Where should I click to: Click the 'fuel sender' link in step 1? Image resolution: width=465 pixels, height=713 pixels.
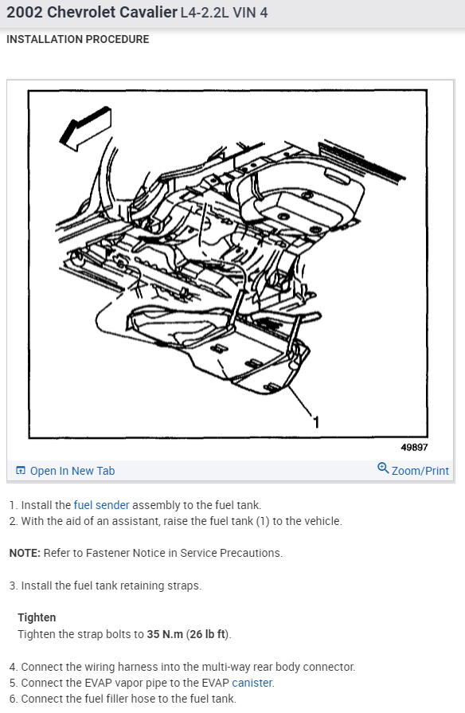pyautogui.click(x=101, y=505)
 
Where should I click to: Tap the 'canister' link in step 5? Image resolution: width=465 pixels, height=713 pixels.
pyautogui.click(x=252, y=683)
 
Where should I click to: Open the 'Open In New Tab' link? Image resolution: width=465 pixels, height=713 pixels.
pyautogui.click(x=72, y=471)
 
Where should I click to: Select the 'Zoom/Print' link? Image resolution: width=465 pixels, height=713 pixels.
pyautogui.click(x=420, y=471)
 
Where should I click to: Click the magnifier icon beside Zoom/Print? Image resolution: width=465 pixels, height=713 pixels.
pyautogui.click(x=383, y=468)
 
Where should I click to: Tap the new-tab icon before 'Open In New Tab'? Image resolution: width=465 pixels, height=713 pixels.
pyautogui.click(x=21, y=470)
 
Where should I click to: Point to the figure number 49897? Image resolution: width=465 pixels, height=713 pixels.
pyautogui.click(x=414, y=448)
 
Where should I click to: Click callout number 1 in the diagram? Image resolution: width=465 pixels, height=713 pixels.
pyautogui.click(x=316, y=422)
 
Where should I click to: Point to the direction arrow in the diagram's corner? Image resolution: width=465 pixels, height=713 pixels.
pyautogui.click(x=85, y=129)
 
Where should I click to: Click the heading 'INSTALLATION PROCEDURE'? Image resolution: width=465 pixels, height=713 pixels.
pyautogui.click(x=78, y=39)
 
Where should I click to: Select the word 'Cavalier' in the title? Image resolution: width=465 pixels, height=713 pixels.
pyautogui.click(x=148, y=12)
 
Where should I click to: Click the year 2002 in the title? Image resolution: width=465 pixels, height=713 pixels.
pyautogui.click(x=25, y=12)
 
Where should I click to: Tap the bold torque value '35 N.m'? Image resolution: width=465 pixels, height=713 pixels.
pyautogui.click(x=165, y=634)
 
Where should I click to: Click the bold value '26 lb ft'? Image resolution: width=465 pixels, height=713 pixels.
pyautogui.click(x=208, y=634)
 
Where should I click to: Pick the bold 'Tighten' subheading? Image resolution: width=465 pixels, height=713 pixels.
pyautogui.click(x=37, y=617)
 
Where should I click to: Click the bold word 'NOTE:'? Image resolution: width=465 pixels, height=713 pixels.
pyautogui.click(x=25, y=553)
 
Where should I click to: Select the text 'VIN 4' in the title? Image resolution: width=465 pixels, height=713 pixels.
pyautogui.click(x=250, y=12)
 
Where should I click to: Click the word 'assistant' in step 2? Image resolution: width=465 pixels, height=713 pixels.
pyautogui.click(x=136, y=521)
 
